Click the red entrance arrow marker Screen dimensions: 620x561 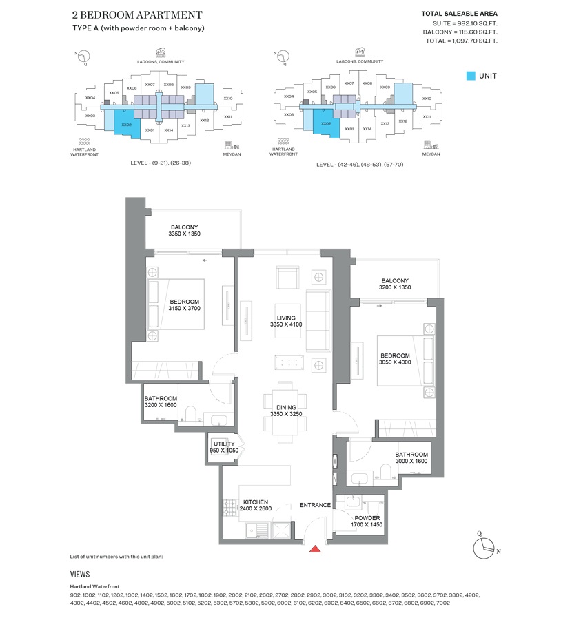[315, 548]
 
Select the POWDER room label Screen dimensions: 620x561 [367, 518]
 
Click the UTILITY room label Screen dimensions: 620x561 [224, 444]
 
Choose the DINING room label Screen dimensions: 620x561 [286, 408]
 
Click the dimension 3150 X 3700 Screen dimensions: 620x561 [184, 309]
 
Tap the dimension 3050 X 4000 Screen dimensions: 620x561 [395, 362]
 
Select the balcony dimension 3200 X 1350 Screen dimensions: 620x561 [394, 288]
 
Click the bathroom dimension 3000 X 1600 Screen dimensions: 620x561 [411, 462]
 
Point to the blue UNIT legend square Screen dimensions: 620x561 [470, 76]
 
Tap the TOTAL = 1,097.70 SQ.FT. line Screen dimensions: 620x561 [460, 41]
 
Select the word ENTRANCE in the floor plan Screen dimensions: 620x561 [315, 505]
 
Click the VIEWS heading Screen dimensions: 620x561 [80, 573]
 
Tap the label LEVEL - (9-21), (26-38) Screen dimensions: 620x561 [161, 165]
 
